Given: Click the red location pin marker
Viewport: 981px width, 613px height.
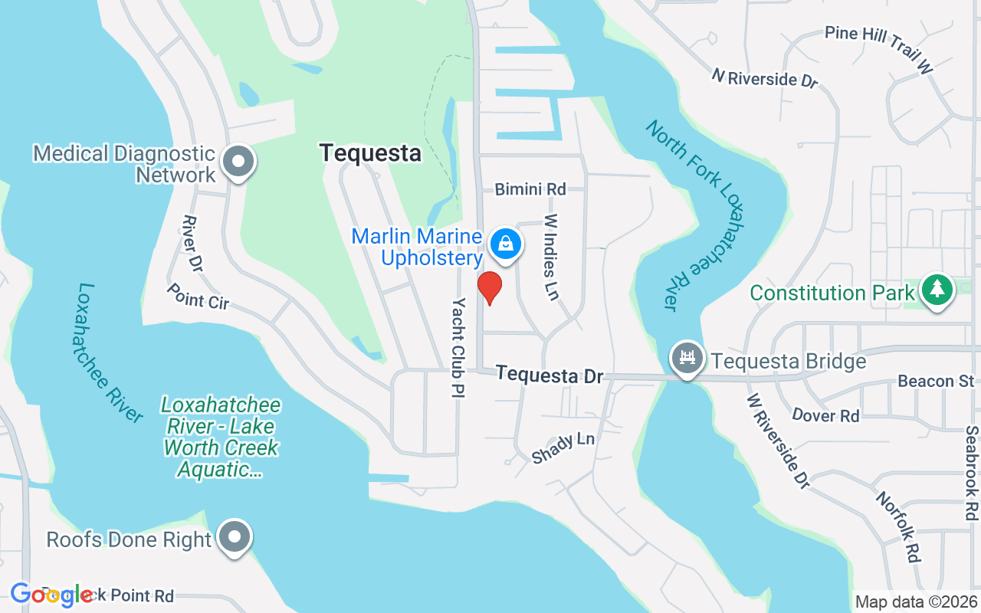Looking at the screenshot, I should click(x=489, y=287).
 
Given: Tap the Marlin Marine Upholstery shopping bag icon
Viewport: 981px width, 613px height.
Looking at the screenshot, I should click(x=505, y=244).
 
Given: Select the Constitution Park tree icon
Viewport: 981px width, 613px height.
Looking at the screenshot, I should click(x=936, y=290).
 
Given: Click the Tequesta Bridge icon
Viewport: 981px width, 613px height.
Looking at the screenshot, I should click(x=687, y=359).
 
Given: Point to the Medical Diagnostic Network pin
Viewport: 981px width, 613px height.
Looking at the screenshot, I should click(x=238, y=162).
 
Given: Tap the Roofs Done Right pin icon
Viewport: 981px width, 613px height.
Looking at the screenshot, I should click(x=235, y=537).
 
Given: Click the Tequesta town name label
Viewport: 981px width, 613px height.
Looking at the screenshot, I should click(x=370, y=153).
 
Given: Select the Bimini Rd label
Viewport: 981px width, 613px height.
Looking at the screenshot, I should click(x=530, y=188).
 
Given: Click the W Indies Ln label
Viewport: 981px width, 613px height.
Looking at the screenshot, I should click(x=551, y=257).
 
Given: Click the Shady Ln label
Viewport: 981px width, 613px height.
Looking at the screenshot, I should click(x=563, y=447).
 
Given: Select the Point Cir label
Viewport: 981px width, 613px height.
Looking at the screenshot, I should click(x=198, y=296).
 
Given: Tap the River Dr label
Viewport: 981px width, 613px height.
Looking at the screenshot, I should click(x=192, y=244).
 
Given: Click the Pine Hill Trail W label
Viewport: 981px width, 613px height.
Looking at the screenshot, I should click(x=880, y=49).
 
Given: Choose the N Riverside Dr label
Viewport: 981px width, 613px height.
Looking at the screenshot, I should click(x=765, y=78).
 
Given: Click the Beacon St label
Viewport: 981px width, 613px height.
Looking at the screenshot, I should click(x=935, y=381).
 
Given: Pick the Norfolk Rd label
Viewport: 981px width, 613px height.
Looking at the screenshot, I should click(x=898, y=527).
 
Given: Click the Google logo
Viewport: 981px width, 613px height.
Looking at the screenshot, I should click(x=51, y=595).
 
